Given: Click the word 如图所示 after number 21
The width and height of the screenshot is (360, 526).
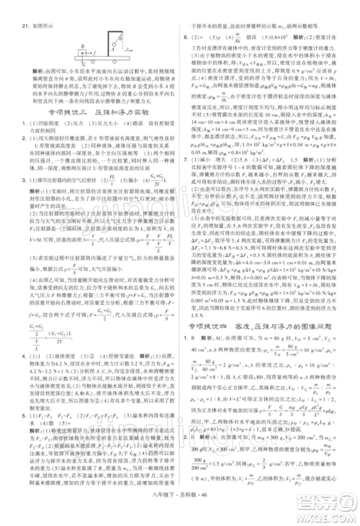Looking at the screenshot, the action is (x=37, y=24).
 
